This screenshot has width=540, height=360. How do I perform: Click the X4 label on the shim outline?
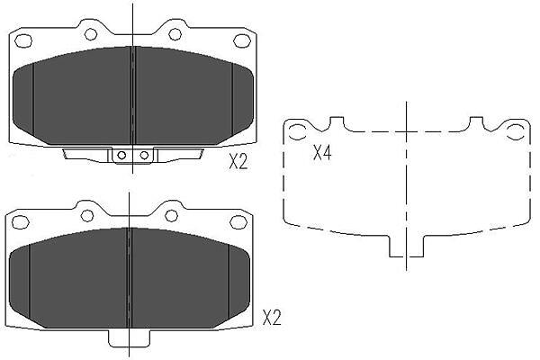(322, 153)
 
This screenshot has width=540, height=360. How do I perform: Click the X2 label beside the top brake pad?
(238, 161)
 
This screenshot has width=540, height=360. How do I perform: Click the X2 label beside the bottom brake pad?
(272, 318)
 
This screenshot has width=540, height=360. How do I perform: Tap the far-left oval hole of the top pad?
(23, 41)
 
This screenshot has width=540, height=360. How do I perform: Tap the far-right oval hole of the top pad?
(242, 41)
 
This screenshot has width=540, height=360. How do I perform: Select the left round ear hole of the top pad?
(91, 34)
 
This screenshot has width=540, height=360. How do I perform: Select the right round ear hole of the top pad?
(175, 34)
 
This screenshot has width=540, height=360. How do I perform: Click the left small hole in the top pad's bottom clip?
(121, 155)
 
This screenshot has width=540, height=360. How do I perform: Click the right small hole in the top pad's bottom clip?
(144, 155)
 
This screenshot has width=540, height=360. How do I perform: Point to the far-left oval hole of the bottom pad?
(20, 222)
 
